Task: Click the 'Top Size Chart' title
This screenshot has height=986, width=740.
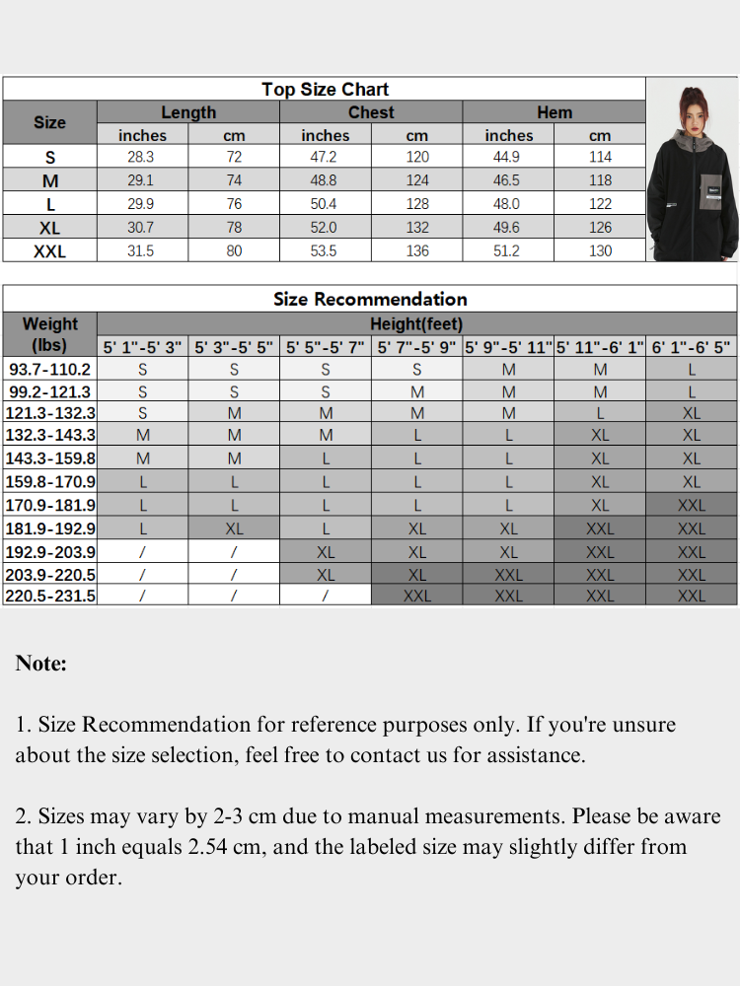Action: coord(325,90)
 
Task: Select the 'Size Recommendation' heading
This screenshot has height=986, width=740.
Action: coord(370,299)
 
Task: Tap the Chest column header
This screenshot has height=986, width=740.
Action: coord(371,112)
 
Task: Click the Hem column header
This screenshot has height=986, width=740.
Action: coord(555,112)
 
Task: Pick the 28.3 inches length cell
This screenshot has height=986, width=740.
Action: coord(141,157)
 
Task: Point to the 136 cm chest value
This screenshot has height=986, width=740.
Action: coord(417,250)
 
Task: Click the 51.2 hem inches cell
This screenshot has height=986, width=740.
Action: coord(506,250)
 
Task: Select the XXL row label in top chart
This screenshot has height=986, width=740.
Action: coord(49,251)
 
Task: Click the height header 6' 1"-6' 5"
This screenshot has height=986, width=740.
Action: coord(691,347)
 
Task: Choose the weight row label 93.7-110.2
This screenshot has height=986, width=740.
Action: coord(49,370)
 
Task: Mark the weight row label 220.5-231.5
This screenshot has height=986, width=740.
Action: coord(50,596)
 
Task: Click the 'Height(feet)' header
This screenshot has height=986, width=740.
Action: coord(416,323)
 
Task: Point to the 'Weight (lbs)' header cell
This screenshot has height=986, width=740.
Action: coord(49,334)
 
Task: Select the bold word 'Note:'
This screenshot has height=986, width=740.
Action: coord(41,664)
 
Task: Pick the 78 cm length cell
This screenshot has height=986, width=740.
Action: coord(234,228)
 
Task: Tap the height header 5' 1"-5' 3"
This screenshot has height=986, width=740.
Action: coord(143,347)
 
